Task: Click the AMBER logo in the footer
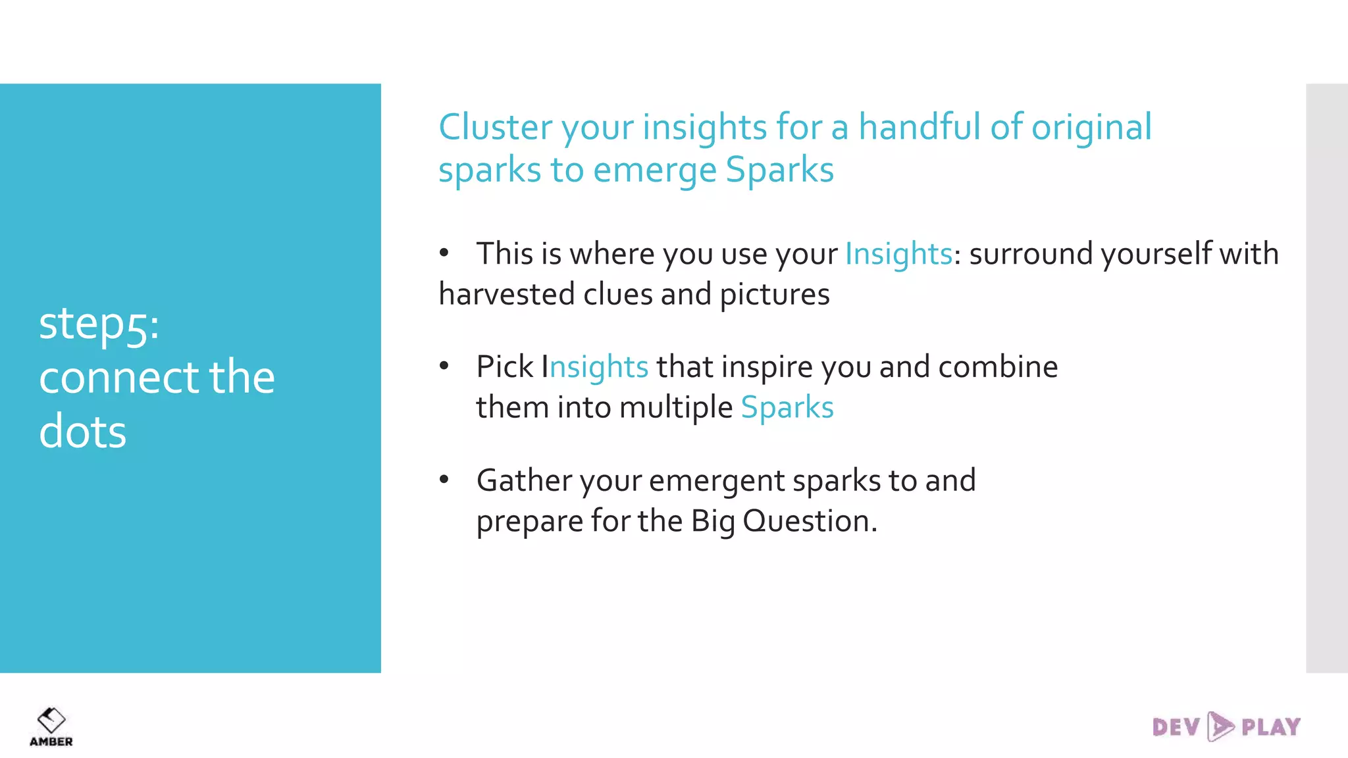click(x=51, y=726)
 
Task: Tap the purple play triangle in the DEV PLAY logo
click(x=1220, y=726)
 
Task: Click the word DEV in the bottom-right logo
click(x=1176, y=727)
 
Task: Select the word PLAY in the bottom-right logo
click(x=1270, y=727)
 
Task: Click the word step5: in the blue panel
click(x=99, y=324)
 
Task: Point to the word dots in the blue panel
click(x=82, y=432)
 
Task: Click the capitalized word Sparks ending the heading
click(x=779, y=170)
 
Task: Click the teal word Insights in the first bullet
click(x=898, y=254)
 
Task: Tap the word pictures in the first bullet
click(x=774, y=295)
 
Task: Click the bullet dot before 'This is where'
click(x=444, y=253)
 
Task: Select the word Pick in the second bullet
click(x=504, y=366)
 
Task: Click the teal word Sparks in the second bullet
click(x=787, y=407)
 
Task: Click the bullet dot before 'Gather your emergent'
click(x=444, y=480)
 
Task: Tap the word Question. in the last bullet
click(x=810, y=521)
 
